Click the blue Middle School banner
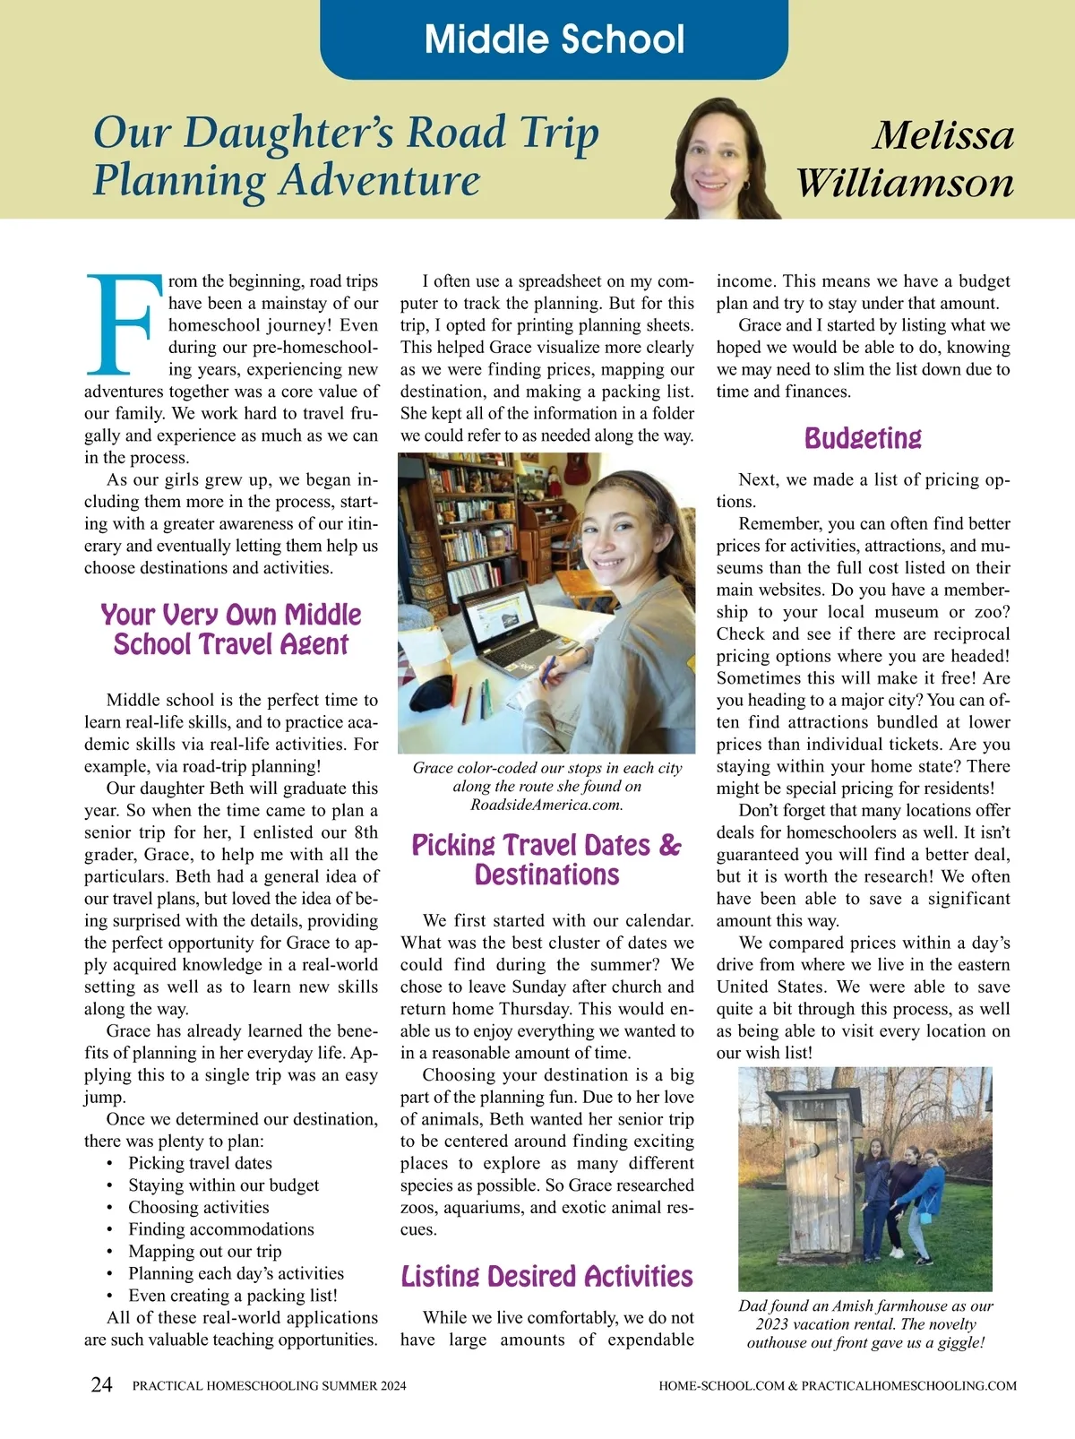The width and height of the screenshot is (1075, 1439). tap(554, 39)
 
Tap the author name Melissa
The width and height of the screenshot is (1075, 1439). tap(943, 136)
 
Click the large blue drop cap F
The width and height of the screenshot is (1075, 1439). tap(124, 323)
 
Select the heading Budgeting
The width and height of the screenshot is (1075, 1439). tap(863, 438)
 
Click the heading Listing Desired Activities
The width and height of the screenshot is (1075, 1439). tap(546, 1276)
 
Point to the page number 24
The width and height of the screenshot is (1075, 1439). tap(102, 1384)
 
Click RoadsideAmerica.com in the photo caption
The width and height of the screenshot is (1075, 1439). tap(546, 805)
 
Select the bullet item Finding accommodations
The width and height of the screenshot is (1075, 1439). tap(220, 1229)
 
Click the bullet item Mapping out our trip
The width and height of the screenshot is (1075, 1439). tap(204, 1252)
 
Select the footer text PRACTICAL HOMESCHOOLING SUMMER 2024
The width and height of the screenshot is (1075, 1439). tap(269, 1385)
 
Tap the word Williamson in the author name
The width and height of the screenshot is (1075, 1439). tap(905, 183)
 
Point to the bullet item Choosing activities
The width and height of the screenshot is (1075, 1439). tap(198, 1207)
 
